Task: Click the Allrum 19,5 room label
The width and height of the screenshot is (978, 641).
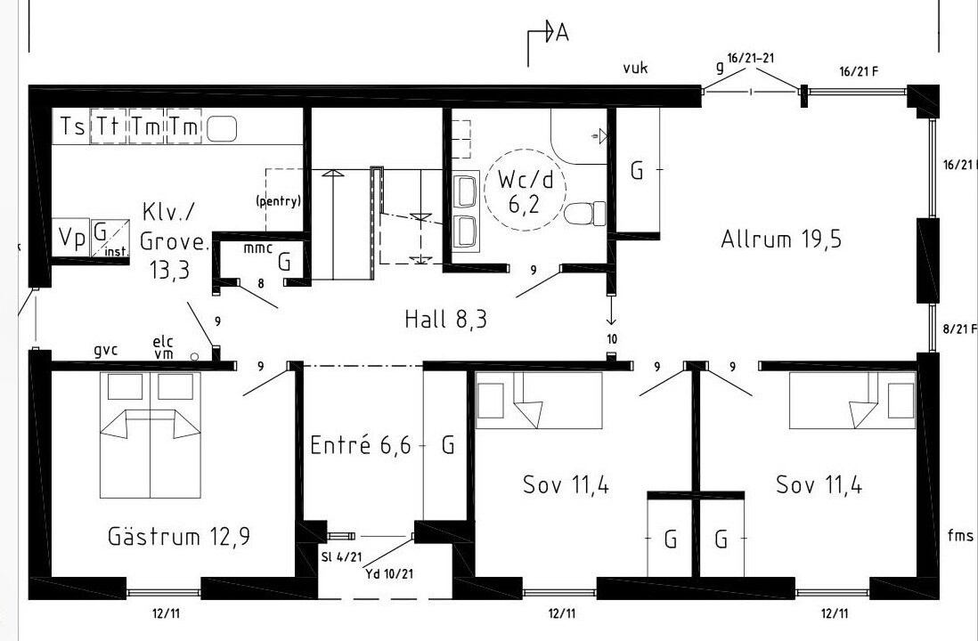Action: (x=781, y=239)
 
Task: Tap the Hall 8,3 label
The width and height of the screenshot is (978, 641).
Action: (x=445, y=320)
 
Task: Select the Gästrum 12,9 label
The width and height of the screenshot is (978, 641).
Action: (x=179, y=536)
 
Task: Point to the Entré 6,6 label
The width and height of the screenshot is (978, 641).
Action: (x=361, y=445)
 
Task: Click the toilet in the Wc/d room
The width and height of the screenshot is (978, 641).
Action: (x=585, y=214)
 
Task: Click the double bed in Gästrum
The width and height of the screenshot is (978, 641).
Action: (x=151, y=435)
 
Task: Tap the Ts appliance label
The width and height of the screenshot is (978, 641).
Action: (x=72, y=126)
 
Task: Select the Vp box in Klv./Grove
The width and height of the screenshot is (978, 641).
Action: (x=71, y=238)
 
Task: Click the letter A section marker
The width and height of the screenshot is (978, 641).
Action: (x=562, y=32)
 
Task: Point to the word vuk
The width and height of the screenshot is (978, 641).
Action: (x=635, y=68)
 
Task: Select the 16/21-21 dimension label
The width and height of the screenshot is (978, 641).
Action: (x=750, y=58)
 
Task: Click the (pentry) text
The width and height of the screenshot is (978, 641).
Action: (x=278, y=201)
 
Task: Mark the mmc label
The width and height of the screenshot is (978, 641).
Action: (x=257, y=248)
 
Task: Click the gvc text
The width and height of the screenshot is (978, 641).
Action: (x=105, y=351)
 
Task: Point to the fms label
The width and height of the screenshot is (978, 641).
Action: (x=960, y=534)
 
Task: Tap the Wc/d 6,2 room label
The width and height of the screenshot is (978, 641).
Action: (x=526, y=191)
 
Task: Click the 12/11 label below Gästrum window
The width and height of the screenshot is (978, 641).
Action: (x=166, y=613)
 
